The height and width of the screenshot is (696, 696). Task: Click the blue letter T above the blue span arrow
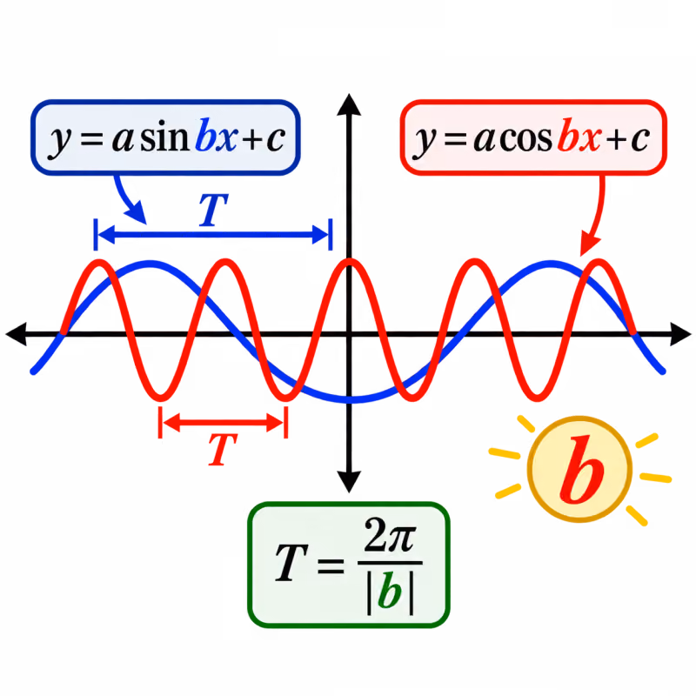[x=213, y=210]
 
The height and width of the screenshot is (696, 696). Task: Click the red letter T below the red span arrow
[x=223, y=449]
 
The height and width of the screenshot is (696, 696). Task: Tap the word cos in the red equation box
[x=526, y=139]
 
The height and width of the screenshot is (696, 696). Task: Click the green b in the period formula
[x=390, y=591]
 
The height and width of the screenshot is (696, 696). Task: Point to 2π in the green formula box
[x=390, y=535]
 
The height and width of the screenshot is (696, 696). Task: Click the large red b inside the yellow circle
[x=581, y=469]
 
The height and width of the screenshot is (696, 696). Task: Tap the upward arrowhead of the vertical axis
[x=349, y=104]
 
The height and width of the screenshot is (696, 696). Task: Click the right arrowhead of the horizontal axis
[x=680, y=334]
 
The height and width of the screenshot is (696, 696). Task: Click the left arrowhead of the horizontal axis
[x=17, y=334]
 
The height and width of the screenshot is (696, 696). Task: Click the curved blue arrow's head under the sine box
[x=137, y=212]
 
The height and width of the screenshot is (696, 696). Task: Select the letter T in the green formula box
[x=291, y=563]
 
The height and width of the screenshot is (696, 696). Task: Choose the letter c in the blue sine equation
[x=276, y=139]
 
